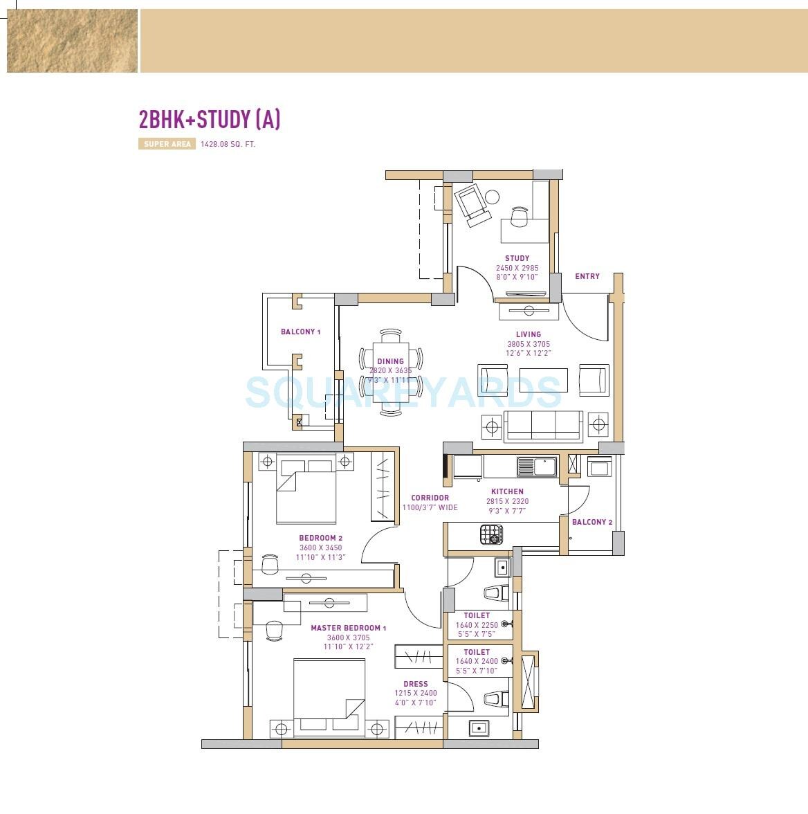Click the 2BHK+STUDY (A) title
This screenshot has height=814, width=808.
pyautogui.click(x=210, y=120)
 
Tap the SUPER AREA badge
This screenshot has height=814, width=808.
pyautogui.click(x=167, y=145)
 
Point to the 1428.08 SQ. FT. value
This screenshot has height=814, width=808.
pyautogui.click(x=228, y=145)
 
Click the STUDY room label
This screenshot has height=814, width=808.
pyautogui.click(x=517, y=258)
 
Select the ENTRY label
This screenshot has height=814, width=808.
pyautogui.click(x=587, y=276)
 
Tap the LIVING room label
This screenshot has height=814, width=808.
pyautogui.click(x=529, y=334)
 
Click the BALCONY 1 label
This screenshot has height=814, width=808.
pyautogui.click(x=300, y=332)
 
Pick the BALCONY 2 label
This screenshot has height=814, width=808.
pyautogui.click(x=592, y=522)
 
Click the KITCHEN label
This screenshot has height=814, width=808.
pyautogui.click(x=507, y=492)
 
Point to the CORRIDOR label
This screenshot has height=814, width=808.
pyautogui.click(x=430, y=498)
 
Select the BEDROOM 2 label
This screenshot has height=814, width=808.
pyautogui.click(x=320, y=538)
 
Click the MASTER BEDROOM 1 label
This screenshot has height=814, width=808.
pyautogui.click(x=348, y=628)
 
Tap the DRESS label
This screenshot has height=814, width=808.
pyautogui.click(x=416, y=684)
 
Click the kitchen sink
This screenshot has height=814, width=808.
pyautogui.click(x=537, y=467)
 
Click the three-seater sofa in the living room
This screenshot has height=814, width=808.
pyautogui.click(x=543, y=425)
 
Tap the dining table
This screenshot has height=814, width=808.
pyautogui.click(x=390, y=372)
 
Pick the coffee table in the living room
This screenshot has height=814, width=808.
pyautogui.click(x=543, y=380)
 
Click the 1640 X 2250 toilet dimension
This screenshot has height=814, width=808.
pyautogui.click(x=477, y=625)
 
